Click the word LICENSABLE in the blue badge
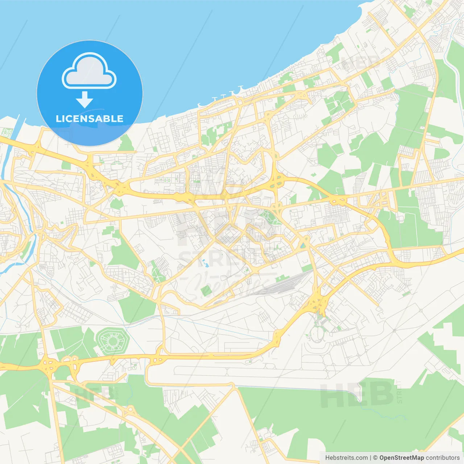90,119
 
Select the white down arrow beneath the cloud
84,99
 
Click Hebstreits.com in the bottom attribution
346,458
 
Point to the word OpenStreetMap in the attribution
401,458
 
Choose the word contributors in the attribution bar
442,458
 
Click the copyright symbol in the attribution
375,458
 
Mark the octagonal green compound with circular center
112,341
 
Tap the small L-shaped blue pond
206,262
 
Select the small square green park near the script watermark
206,290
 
